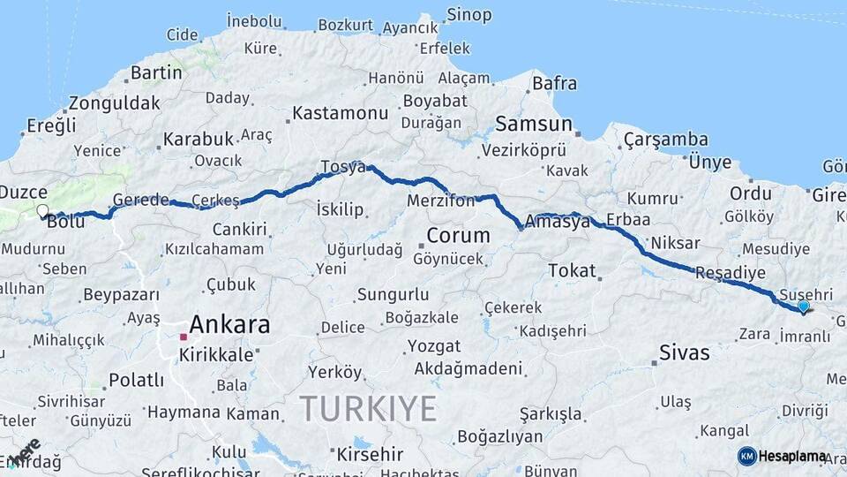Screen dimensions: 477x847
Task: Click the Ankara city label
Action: coord(229,324)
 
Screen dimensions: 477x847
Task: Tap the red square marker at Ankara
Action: coord(184,337)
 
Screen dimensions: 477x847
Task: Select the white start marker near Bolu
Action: coord(41,210)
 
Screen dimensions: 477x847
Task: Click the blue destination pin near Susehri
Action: coord(803,306)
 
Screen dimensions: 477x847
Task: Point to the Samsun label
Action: coord(534,123)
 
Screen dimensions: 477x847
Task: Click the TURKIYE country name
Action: coord(368,409)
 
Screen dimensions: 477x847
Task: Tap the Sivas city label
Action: coord(685,353)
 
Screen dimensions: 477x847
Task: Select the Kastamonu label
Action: coord(340,113)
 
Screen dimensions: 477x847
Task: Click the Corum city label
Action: coord(458,236)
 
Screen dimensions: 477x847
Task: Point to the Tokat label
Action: coord(572,270)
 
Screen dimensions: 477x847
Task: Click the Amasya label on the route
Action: coord(557,222)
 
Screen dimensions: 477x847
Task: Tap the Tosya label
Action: coord(343,167)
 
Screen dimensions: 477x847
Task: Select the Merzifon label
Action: coord(441,201)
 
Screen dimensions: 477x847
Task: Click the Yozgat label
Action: coord(436,345)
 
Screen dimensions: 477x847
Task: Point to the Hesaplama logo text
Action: coord(793,456)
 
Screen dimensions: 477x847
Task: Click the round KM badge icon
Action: coord(746,456)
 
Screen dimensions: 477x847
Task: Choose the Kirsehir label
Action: coord(370,455)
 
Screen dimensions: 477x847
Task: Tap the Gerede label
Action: coord(140,200)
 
